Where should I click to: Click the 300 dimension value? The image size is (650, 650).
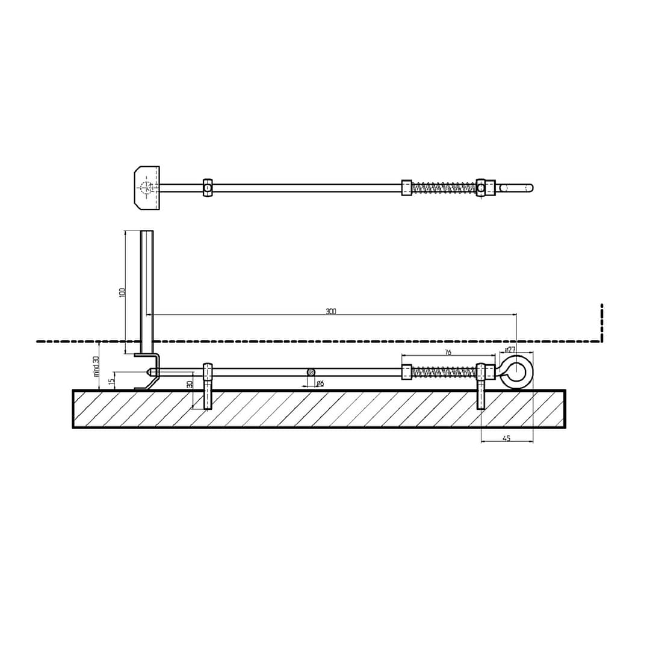tap(331, 311)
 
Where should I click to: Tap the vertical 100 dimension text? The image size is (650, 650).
tap(122, 292)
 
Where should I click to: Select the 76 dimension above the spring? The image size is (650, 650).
tap(448, 353)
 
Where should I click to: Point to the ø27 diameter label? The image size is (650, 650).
tap(510, 350)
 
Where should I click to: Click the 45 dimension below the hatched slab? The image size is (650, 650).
tap(506, 439)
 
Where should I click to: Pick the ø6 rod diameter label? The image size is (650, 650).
tap(320, 383)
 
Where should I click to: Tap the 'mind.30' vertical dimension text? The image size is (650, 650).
tap(96, 367)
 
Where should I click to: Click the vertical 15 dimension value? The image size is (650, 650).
tap(112, 381)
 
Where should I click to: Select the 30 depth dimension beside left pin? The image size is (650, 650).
tap(190, 384)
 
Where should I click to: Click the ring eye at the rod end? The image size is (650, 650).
tap(516, 372)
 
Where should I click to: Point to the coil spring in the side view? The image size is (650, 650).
tap(444, 372)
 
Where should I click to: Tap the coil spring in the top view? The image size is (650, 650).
tap(444, 188)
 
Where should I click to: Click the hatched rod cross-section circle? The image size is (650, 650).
tap(311, 372)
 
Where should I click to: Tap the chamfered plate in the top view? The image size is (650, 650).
tap(147, 188)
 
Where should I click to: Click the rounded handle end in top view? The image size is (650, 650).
tap(518, 188)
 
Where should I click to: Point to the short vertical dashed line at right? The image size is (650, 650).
tap(601, 323)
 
